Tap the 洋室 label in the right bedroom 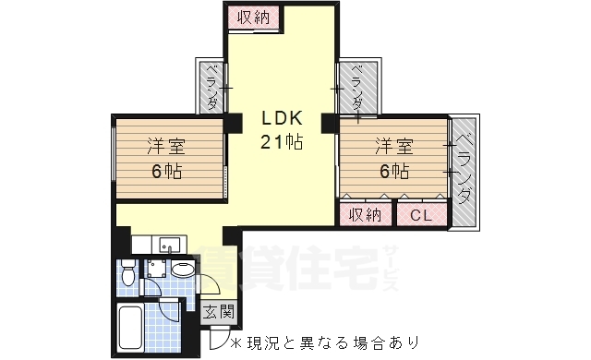click(393, 146)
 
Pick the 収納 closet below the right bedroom click(366, 216)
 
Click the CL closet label click(421, 216)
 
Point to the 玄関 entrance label click(219, 311)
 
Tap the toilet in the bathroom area click(128, 273)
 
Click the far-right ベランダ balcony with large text click(464, 171)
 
